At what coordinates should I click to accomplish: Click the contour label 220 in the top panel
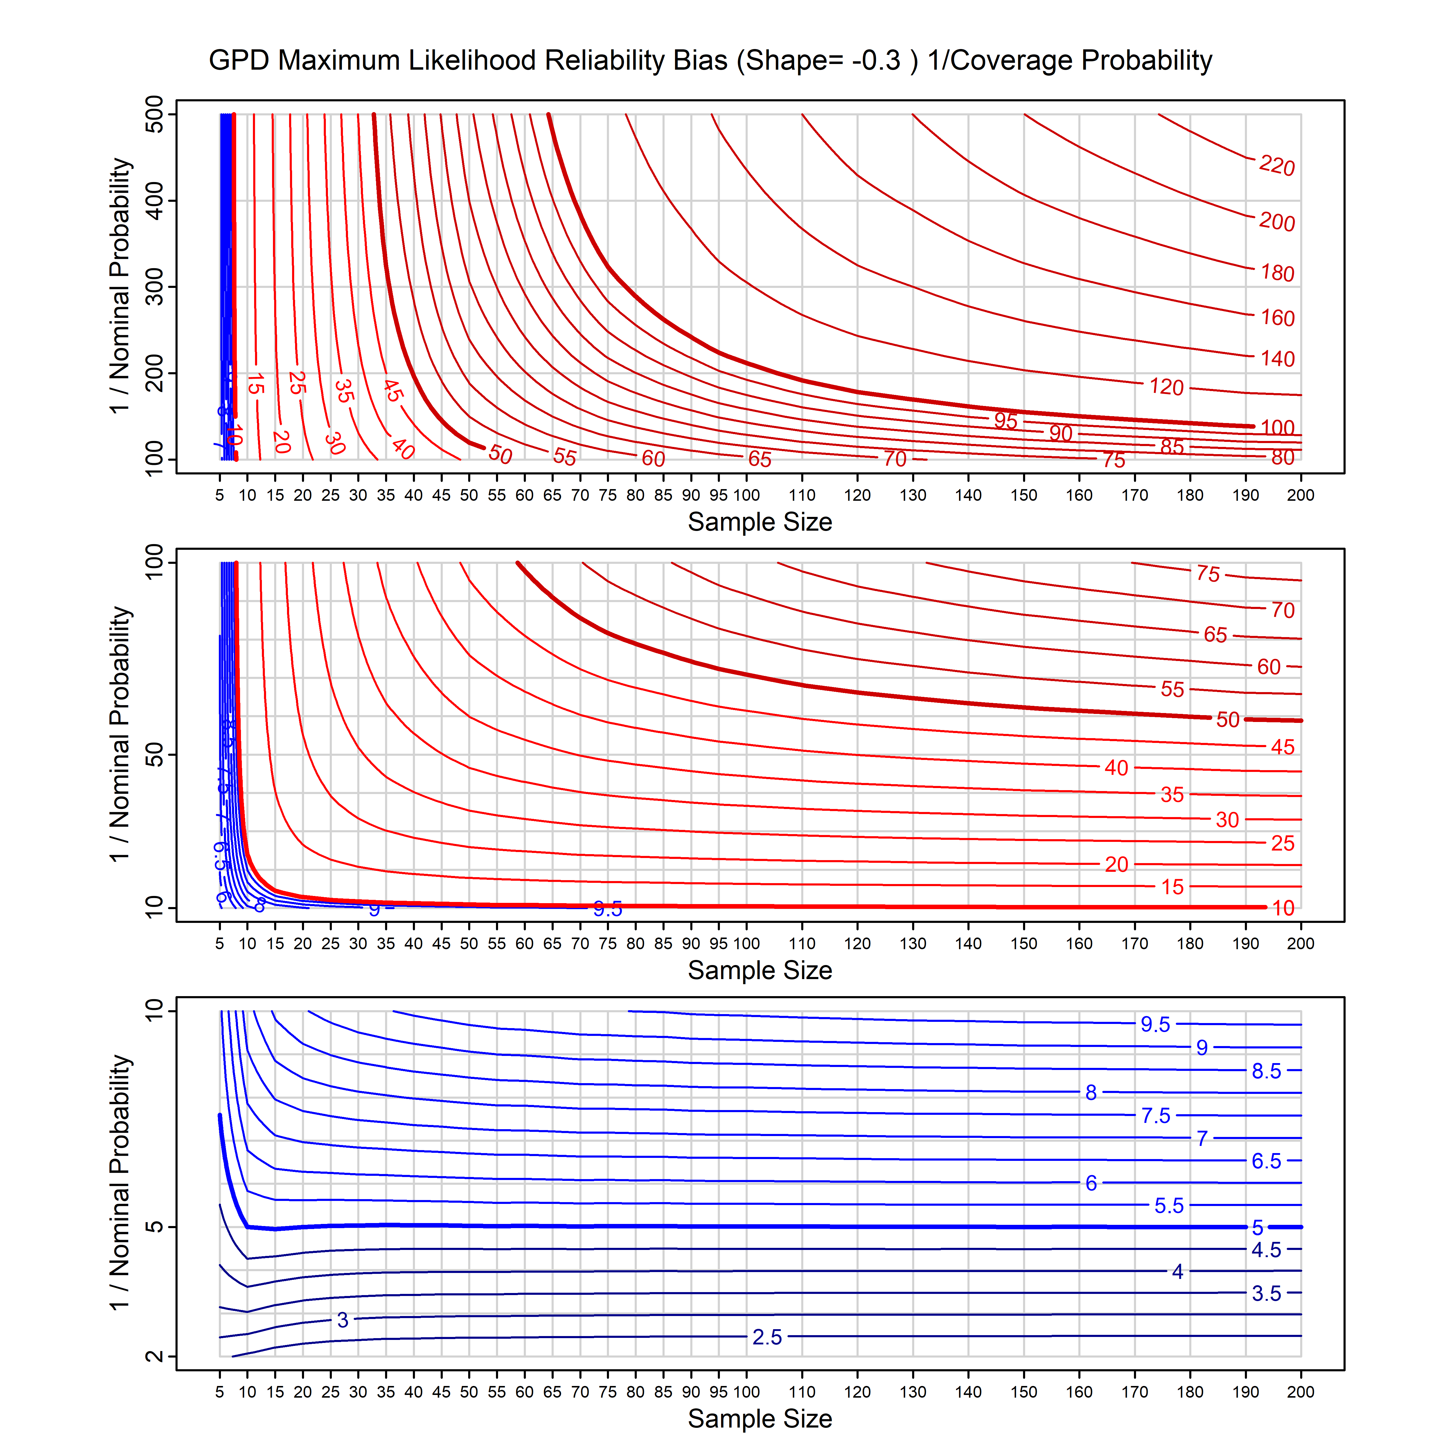pyautogui.click(x=1277, y=166)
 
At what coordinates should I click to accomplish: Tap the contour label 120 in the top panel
pyautogui.click(x=1166, y=386)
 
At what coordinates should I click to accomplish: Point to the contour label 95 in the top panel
pyautogui.click(x=1006, y=420)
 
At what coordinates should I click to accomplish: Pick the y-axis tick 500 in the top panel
pyautogui.click(x=155, y=115)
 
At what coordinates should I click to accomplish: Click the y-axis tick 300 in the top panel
pyautogui.click(x=155, y=287)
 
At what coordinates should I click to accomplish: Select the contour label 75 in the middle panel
pyautogui.click(x=1208, y=573)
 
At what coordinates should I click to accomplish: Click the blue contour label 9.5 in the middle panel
pyautogui.click(x=607, y=909)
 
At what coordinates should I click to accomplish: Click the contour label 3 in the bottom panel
pyautogui.click(x=342, y=1320)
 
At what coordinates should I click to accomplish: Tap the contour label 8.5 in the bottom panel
pyautogui.click(x=1266, y=1071)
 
